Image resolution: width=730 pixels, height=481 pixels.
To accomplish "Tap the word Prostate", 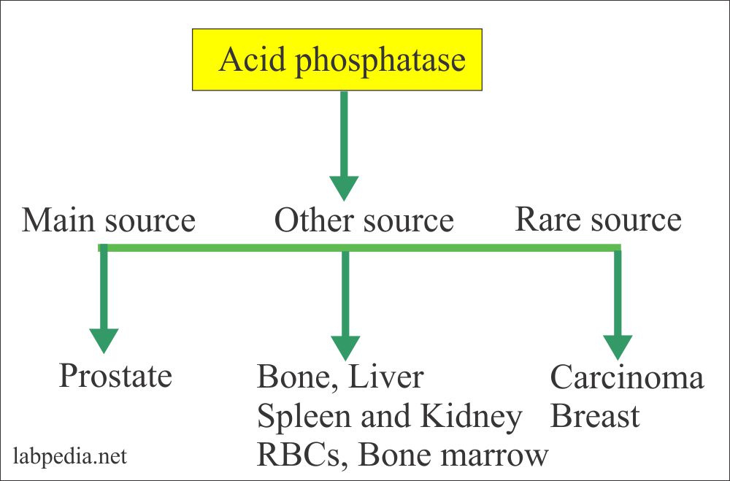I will click(x=115, y=376).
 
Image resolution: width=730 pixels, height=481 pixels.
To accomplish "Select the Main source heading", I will click(x=109, y=220).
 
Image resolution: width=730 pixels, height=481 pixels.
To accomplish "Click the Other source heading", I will click(x=364, y=220).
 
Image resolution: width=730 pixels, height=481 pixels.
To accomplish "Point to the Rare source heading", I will click(x=598, y=219).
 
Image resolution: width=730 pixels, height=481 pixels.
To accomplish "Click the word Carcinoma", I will click(x=626, y=378).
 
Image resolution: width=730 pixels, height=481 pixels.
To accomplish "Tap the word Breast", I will click(x=594, y=417).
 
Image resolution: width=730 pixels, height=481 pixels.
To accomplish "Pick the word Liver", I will click(x=385, y=378).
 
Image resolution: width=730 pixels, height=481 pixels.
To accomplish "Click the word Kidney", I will click(x=475, y=417).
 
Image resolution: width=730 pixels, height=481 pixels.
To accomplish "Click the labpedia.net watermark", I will click(x=70, y=457).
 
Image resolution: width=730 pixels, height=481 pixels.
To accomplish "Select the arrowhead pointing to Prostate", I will click(x=104, y=340).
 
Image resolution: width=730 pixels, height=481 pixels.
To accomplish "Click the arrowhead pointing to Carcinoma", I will click(x=618, y=346).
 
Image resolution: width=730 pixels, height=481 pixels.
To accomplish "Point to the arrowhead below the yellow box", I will click(x=344, y=188).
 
